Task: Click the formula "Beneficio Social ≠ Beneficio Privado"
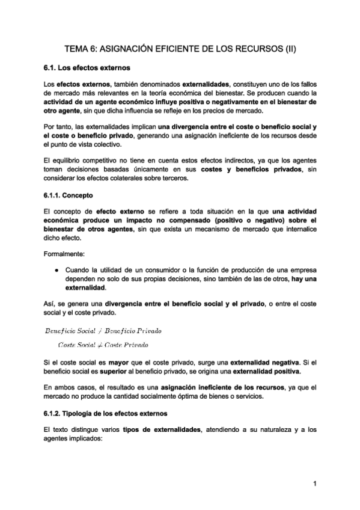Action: (x=103, y=331)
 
